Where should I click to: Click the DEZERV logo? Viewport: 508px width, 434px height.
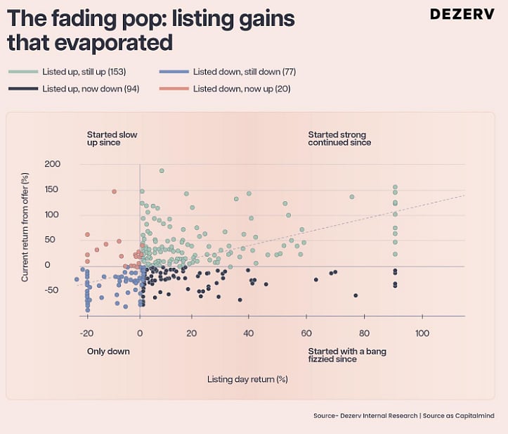pos(461,15)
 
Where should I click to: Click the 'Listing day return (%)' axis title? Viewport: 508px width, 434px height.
pos(247,379)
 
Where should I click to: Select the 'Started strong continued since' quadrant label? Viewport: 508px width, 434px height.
pos(339,139)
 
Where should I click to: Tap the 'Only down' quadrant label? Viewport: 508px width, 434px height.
pos(108,351)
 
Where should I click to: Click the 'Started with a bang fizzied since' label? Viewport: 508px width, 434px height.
pos(347,355)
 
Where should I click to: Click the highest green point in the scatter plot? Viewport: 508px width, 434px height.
pos(162,170)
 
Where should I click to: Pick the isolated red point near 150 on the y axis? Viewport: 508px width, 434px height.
pos(114,191)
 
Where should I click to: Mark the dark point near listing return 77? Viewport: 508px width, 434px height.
pos(356,295)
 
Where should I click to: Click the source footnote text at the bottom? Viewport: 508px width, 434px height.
pos(403,416)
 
